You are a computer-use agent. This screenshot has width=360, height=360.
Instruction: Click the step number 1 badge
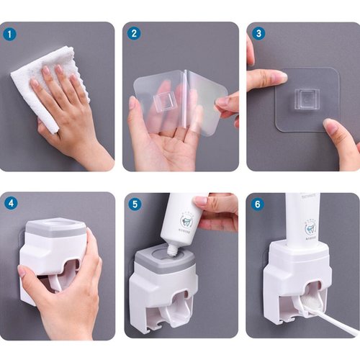[10, 33]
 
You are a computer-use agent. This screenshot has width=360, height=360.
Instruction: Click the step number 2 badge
[134, 33]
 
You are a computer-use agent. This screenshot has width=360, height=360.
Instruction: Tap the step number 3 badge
[258, 33]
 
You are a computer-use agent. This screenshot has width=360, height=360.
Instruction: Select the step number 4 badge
[10, 203]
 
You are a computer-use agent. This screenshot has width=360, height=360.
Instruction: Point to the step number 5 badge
[134, 203]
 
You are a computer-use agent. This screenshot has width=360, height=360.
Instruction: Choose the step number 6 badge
[258, 203]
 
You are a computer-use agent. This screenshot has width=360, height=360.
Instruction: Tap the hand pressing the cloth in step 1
[65, 108]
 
